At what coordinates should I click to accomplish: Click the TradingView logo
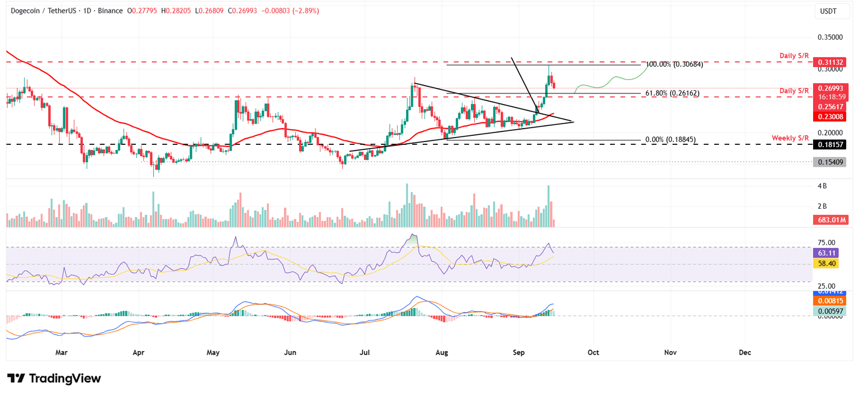(54, 379)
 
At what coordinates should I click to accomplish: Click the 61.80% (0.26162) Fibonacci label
(673, 93)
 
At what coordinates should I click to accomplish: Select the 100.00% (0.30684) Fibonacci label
(674, 64)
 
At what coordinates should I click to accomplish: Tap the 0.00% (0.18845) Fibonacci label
(670, 140)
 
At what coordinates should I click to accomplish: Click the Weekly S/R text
(790, 138)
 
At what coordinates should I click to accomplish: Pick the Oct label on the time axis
(593, 352)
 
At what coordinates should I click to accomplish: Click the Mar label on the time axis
(62, 352)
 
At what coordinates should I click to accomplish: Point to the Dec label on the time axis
(744, 352)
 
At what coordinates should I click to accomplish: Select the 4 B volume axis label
(822, 186)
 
